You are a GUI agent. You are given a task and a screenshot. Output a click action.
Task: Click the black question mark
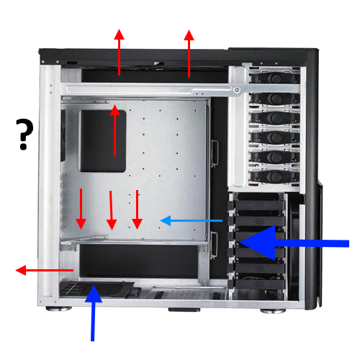[x=24, y=135]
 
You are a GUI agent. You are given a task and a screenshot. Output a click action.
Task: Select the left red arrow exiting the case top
[x=119, y=53]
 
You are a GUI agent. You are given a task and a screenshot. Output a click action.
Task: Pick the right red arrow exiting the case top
[x=189, y=53]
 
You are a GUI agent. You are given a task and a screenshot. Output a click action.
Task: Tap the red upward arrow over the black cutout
[x=114, y=130]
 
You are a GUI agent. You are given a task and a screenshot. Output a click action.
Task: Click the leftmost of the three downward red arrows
[x=81, y=209]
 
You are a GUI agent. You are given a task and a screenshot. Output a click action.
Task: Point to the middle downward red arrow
[x=111, y=210]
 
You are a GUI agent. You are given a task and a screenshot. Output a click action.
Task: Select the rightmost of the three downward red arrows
[x=137, y=210]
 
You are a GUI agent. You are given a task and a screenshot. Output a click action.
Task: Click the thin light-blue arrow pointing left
[x=192, y=220]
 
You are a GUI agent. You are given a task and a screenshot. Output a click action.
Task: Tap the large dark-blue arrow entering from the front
[x=294, y=243]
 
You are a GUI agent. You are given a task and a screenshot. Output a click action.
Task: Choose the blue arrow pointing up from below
[x=93, y=312]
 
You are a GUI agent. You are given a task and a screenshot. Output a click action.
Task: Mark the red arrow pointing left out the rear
[x=45, y=270]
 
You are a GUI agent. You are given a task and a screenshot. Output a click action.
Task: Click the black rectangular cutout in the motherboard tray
[x=103, y=141]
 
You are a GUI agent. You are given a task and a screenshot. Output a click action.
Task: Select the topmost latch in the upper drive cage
[x=275, y=78]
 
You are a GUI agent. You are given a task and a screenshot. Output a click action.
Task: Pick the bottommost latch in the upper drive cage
[x=275, y=177]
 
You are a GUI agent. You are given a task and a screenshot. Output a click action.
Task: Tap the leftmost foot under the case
[x=59, y=308]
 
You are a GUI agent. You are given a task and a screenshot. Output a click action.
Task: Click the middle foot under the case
[x=184, y=310]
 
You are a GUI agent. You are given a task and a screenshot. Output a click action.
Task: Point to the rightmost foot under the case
[x=273, y=311]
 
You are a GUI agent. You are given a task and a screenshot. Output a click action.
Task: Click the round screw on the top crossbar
[x=237, y=90]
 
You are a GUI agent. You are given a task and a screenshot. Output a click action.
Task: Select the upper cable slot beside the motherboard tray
[x=215, y=153]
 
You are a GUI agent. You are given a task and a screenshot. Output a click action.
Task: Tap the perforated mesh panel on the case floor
[x=189, y=294]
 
